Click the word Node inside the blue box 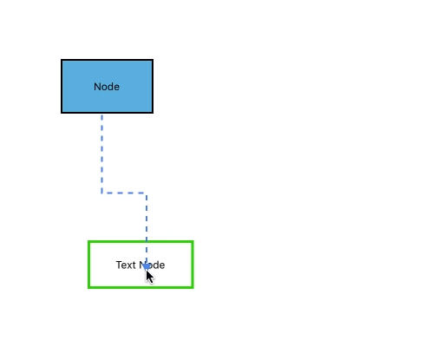click(x=107, y=87)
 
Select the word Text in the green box click(x=126, y=265)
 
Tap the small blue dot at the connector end click(x=147, y=265)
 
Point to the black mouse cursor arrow click(x=150, y=276)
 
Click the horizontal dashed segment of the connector click(x=124, y=193)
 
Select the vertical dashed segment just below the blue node click(x=101, y=152)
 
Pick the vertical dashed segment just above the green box click(x=147, y=217)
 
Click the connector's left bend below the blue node click(x=101, y=193)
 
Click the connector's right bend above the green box click(x=147, y=193)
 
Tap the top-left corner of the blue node click(x=62, y=61)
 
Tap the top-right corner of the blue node click(x=153, y=61)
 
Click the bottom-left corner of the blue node click(x=62, y=112)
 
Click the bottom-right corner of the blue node click(x=153, y=112)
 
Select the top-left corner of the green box click(x=89, y=242)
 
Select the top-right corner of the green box click(x=192, y=242)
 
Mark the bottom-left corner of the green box click(x=89, y=286)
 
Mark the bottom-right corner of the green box click(x=192, y=286)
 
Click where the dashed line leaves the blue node click(x=101, y=114)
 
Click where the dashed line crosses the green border click(x=147, y=242)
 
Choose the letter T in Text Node click(x=119, y=265)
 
